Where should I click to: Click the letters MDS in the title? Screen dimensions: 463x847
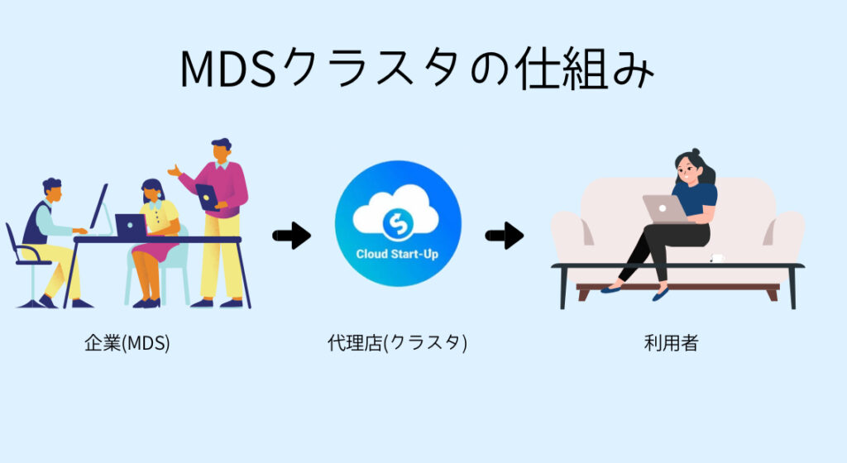(227, 69)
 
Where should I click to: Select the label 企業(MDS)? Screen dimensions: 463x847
(127, 343)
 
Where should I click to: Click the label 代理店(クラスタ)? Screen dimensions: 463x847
(398, 343)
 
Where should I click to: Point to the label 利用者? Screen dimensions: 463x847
(671, 343)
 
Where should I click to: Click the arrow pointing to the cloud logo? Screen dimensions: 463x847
(291, 236)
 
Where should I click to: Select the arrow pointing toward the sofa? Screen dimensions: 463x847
(504, 236)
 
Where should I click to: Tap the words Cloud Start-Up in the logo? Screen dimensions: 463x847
(398, 254)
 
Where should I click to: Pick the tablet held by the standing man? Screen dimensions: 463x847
(207, 197)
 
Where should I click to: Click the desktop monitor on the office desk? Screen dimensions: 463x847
(99, 208)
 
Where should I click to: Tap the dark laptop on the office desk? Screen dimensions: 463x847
(130, 225)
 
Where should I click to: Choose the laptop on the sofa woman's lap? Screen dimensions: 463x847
(663, 209)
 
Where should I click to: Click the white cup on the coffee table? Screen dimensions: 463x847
(717, 258)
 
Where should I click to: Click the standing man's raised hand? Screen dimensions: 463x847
(174, 171)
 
